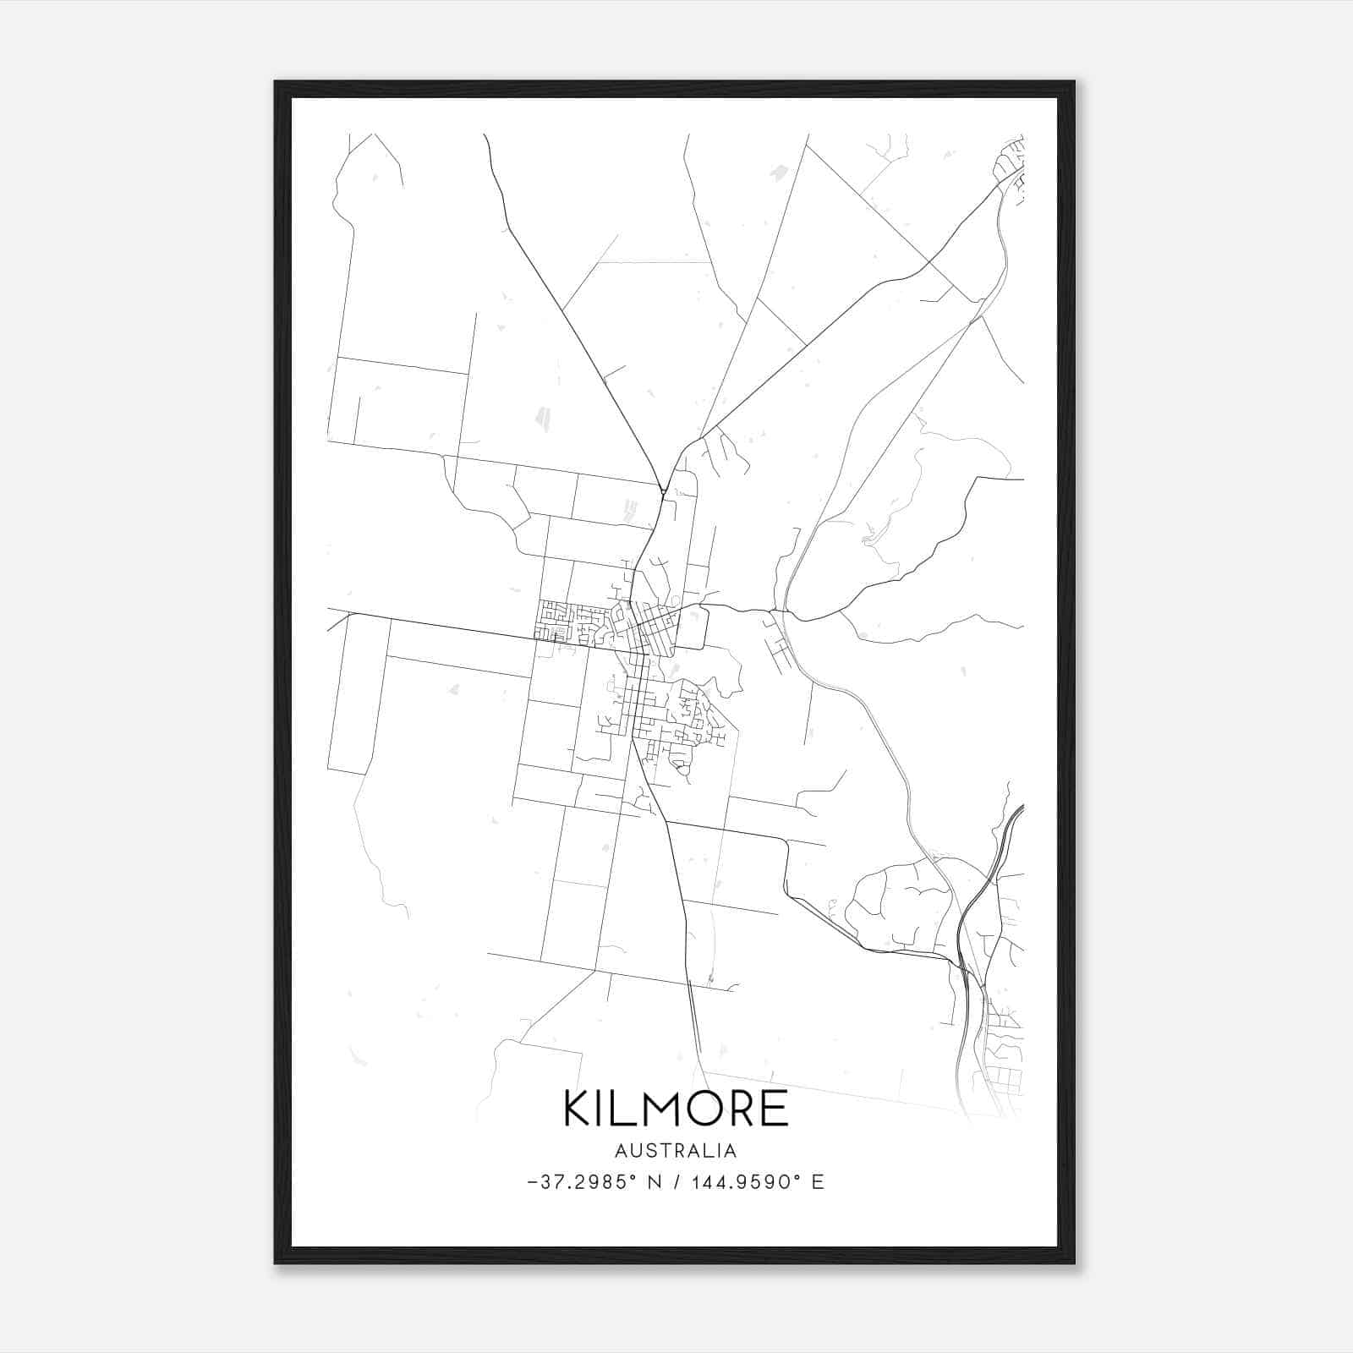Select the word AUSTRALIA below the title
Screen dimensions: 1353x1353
675,1151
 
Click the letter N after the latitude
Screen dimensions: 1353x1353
653,1182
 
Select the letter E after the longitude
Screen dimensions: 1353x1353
817,1182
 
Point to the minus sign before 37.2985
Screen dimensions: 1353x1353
532,1182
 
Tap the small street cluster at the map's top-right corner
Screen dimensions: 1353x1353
1011,165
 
